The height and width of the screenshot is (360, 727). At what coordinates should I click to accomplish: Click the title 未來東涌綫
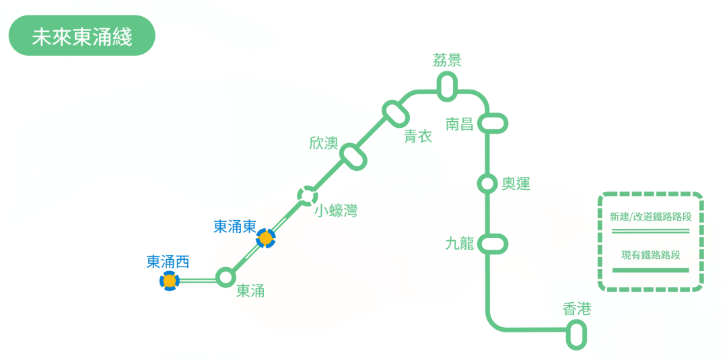point(81,36)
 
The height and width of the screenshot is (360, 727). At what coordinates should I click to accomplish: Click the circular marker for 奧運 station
point(487,183)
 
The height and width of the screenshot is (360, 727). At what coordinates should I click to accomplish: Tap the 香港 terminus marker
point(576,334)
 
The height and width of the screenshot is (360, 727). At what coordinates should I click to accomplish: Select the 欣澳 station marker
point(353,156)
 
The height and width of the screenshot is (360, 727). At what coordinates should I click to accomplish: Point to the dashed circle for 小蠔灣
point(308,196)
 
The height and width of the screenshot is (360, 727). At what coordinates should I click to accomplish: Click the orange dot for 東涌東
point(266,238)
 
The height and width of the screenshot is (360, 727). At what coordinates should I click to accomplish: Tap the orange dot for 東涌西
point(170,281)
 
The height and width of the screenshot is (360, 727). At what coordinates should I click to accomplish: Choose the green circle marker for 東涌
point(226,277)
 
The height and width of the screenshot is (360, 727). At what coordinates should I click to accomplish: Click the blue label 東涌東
point(234,227)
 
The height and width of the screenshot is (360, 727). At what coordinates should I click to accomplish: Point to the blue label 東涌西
point(168,262)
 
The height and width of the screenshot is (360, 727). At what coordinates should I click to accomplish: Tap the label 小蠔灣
point(337,211)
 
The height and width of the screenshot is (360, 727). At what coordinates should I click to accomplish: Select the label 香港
point(576,310)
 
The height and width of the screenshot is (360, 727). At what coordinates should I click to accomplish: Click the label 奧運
point(516,184)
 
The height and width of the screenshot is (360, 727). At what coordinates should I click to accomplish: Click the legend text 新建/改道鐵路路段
point(650,217)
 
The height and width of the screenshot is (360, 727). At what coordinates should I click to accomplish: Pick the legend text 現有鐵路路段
point(650,255)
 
